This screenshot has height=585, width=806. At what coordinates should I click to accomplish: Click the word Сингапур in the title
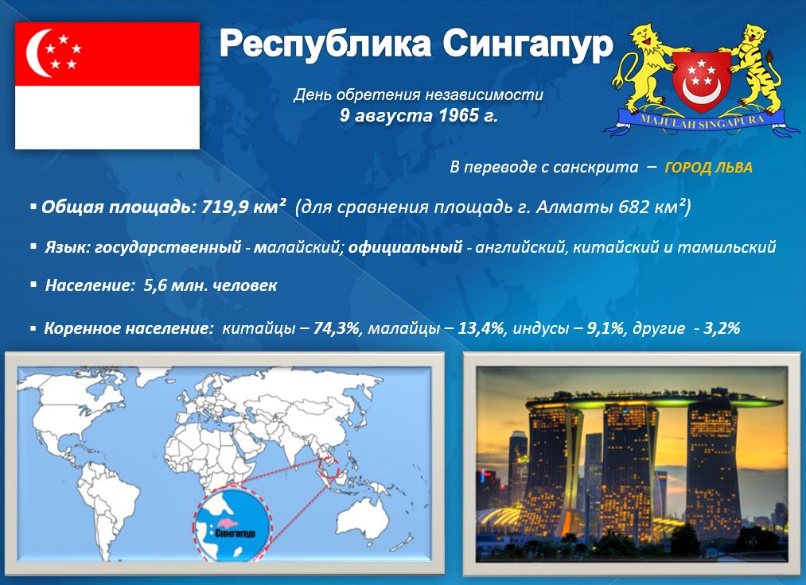coord(528,45)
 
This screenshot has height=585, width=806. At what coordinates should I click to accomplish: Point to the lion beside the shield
coord(644,66)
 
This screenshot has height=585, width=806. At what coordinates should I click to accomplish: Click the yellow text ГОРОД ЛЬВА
coord(708,168)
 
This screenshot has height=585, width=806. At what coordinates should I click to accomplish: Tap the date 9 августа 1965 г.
coord(419,115)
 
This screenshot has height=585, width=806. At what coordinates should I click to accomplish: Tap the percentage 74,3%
coord(337,328)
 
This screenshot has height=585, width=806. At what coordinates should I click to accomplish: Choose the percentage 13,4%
coord(481,328)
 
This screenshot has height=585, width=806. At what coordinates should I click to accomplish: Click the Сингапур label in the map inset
coord(235,532)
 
